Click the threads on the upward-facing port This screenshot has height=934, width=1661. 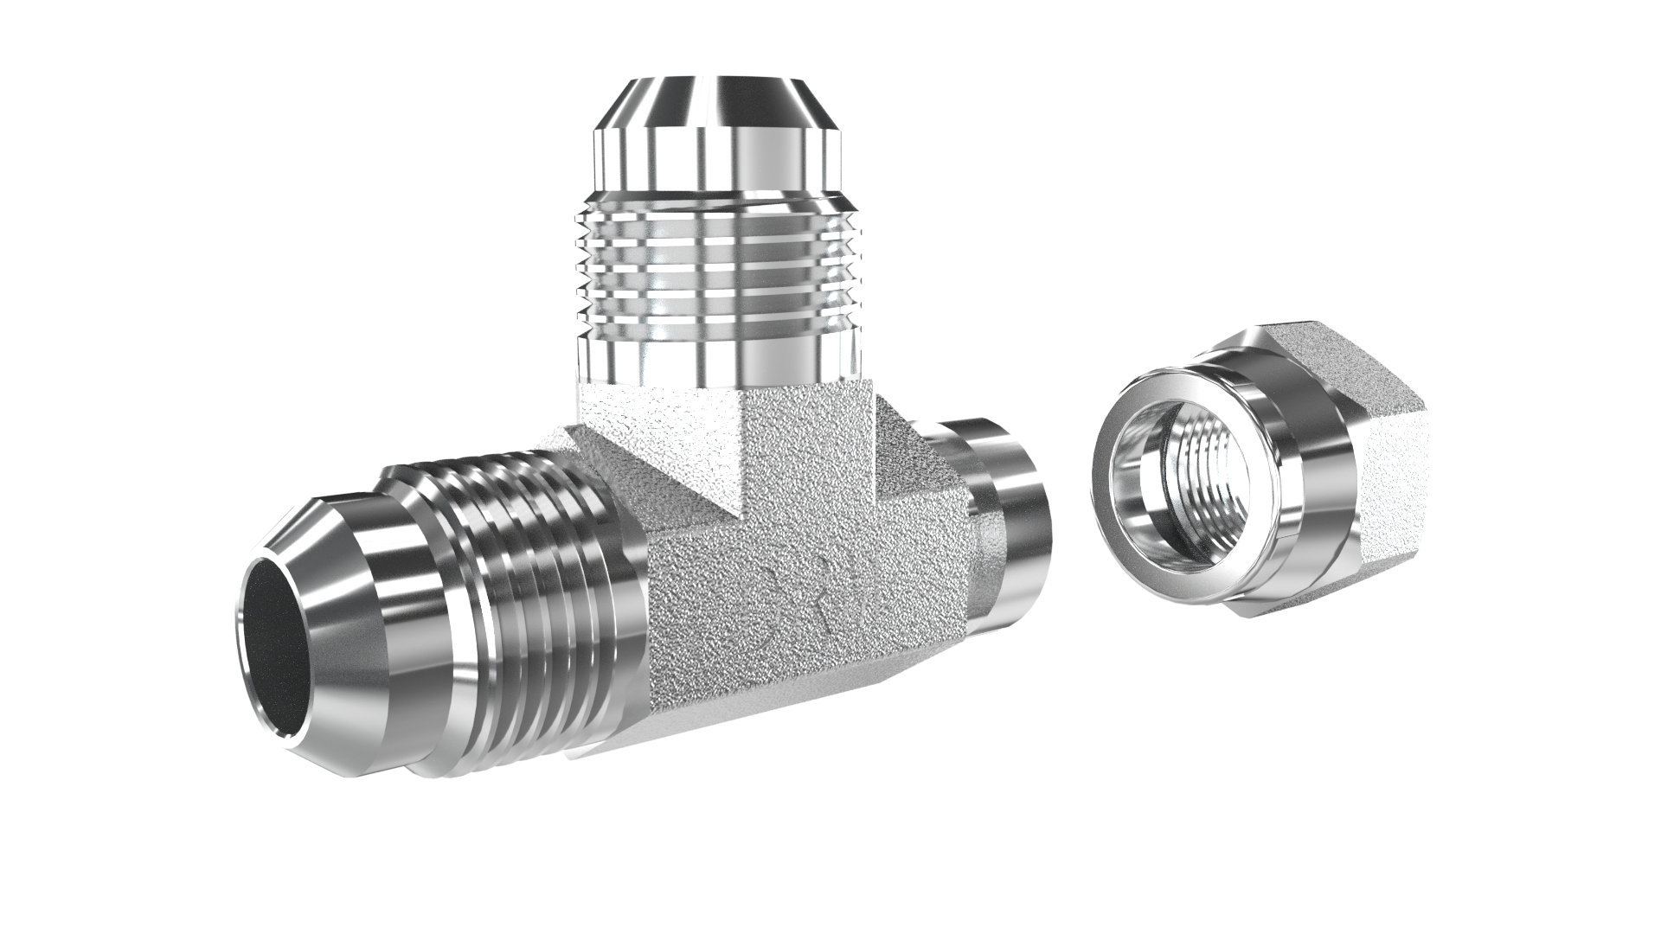[x=718, y=259]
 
